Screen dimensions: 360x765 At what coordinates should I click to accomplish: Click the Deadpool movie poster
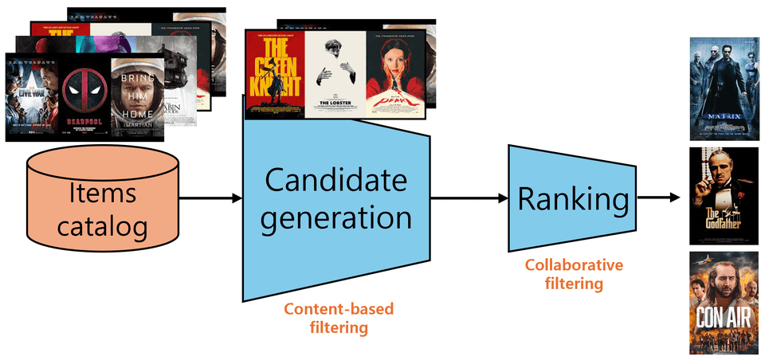pos(84,97)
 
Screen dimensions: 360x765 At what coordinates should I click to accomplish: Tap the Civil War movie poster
pos(31,97)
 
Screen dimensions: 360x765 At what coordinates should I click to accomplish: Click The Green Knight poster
pos(275,73)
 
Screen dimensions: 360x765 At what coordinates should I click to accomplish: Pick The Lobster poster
pos(335,73)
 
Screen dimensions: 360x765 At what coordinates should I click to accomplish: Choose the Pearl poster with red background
pos(395,73)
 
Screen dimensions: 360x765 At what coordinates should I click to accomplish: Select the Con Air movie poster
pos(719,302)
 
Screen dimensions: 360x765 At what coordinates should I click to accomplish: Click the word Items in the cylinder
pos(103,194)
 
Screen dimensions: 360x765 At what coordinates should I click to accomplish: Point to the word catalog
pos(103,227)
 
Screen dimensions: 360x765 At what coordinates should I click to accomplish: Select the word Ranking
pos(572,199)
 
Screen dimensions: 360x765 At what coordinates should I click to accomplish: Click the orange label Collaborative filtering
pos(572,273)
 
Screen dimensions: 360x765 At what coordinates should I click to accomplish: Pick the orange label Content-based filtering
pos(338,318)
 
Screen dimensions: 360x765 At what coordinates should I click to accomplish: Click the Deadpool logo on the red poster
pos(84,91)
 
